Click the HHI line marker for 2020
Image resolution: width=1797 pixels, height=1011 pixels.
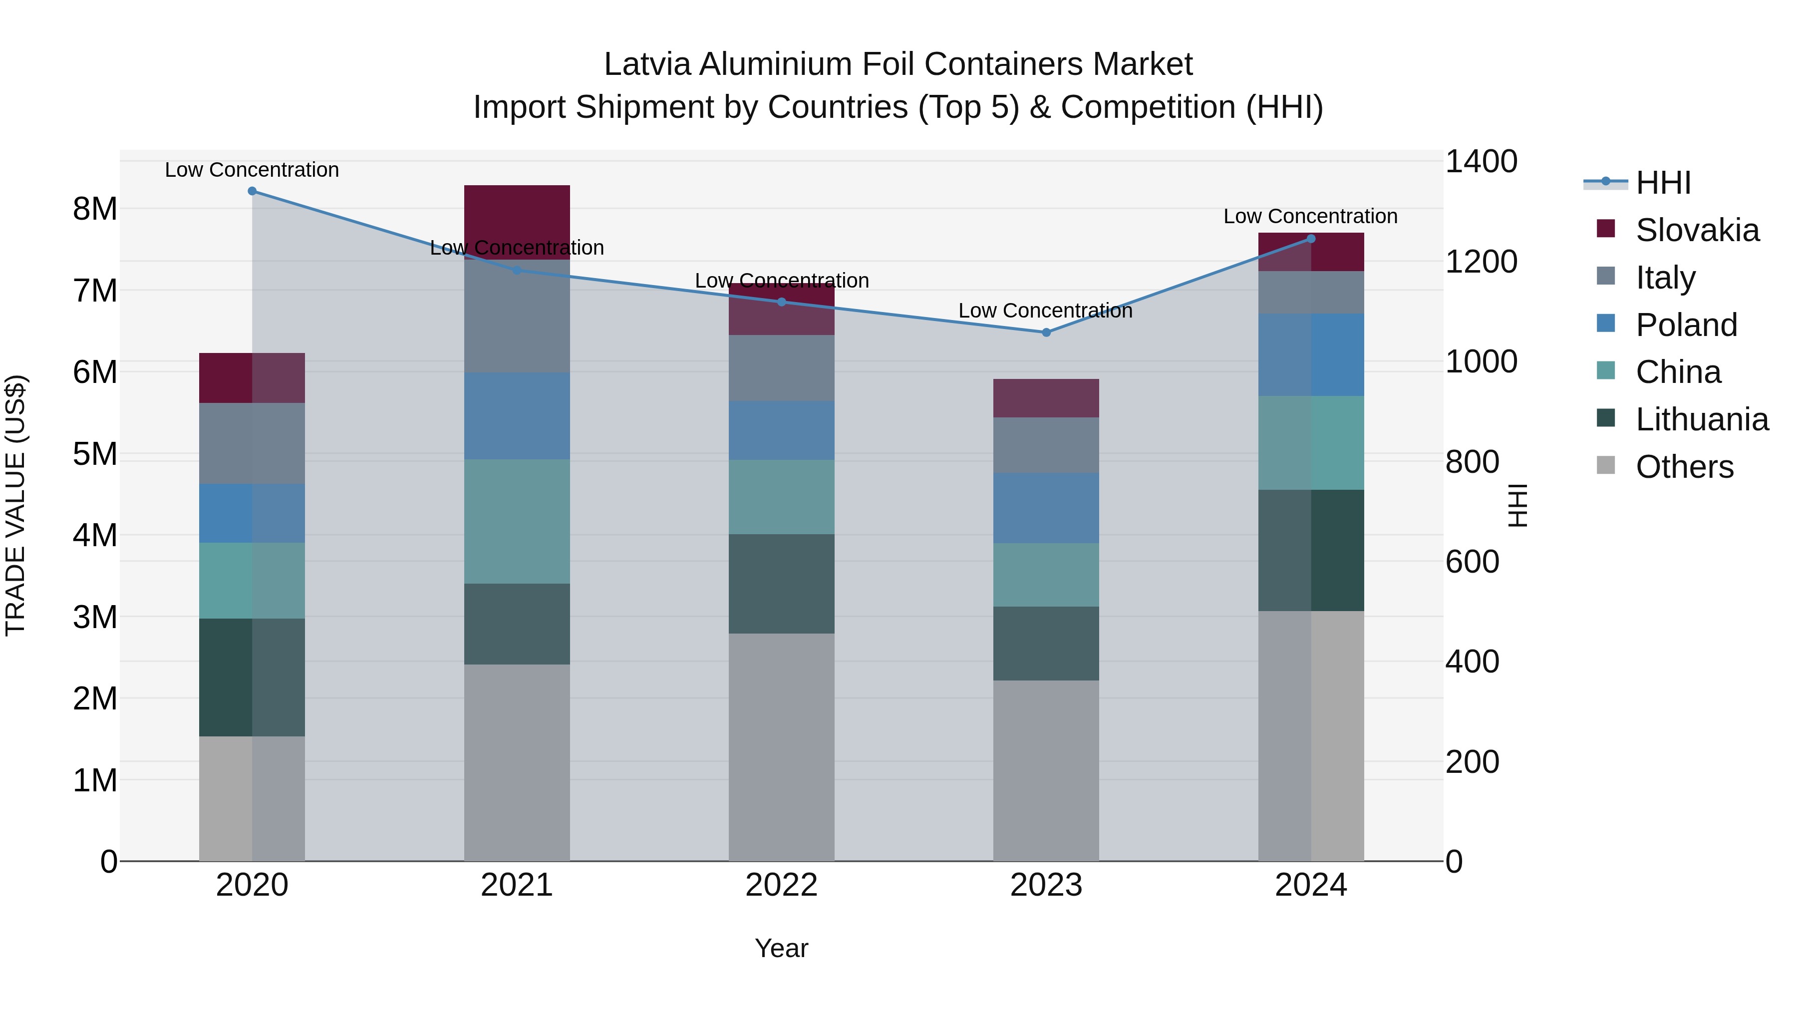coord(252,191)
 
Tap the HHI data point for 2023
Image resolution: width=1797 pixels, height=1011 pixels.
coord(1046,333)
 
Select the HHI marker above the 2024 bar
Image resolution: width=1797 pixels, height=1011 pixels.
coord(1310,239)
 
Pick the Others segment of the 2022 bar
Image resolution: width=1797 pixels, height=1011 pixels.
coord(781,746)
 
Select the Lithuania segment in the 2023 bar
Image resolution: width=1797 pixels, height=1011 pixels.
coord(1046,644)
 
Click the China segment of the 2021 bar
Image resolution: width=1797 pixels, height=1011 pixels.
coord(517,521)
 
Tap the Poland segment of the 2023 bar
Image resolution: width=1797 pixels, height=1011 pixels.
coord(1046,508)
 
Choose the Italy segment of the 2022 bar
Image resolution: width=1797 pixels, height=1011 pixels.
coord(781,367)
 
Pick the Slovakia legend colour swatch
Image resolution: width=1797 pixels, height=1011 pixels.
coord(1606,229)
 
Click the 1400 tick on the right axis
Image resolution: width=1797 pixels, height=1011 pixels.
coord(1481,162)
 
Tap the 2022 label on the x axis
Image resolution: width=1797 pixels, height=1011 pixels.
coord(781,885)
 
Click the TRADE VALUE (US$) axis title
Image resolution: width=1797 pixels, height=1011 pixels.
coord(16,505)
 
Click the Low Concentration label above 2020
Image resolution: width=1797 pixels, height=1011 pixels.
coord(252,170)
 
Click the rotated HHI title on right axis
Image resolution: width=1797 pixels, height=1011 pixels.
coord(1518,505)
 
